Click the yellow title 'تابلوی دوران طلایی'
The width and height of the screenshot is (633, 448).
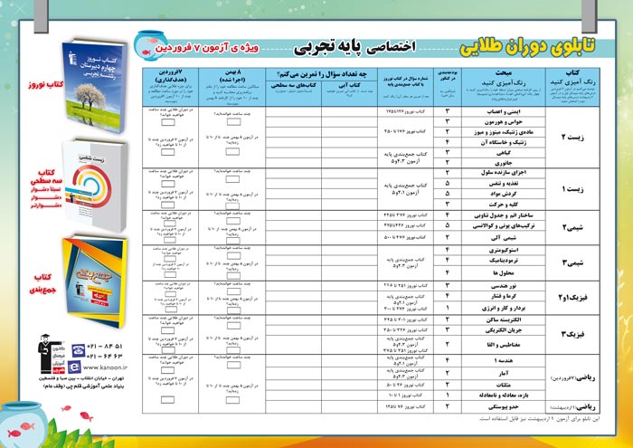point(525,43)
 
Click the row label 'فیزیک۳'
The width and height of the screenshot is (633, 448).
point(572,333)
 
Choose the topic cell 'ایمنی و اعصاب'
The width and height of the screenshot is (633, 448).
point(496,112)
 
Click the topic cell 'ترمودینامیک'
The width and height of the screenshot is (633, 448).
point(496,259)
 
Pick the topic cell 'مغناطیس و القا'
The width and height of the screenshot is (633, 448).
point(496,345)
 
